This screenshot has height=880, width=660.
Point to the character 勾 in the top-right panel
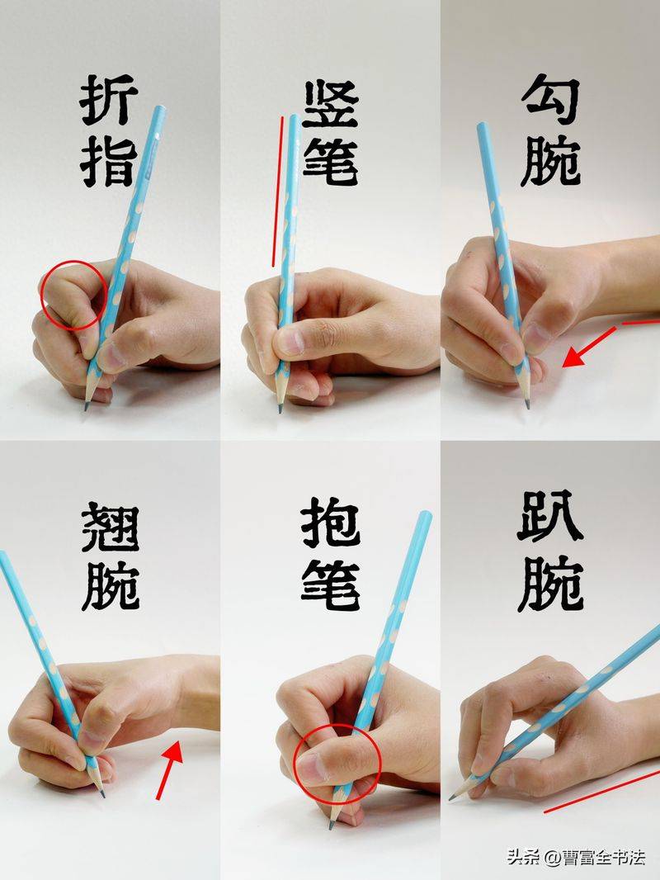point(550,101)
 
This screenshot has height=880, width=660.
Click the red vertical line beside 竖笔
point(277,190)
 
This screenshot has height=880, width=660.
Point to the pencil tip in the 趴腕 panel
point(452,797)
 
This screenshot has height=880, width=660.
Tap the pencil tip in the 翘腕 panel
point(102,794)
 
